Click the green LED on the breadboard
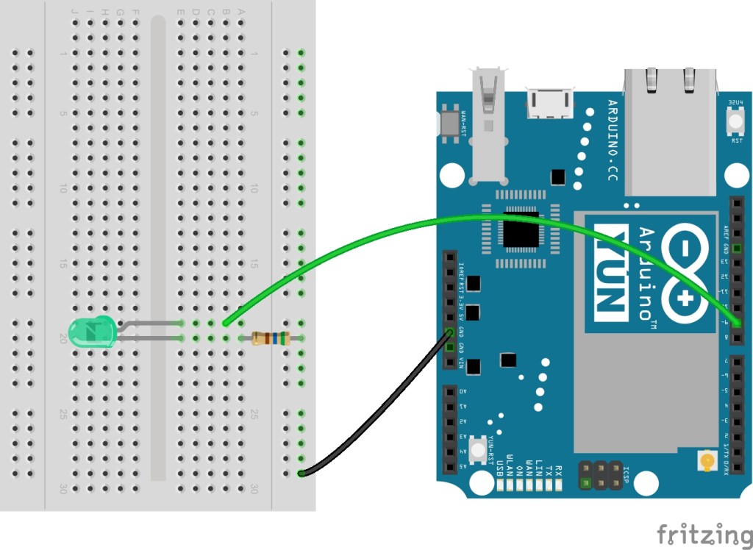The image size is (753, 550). (x=90, y=332)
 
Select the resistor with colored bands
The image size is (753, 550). (x=271, y=338)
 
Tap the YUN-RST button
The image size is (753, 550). (x=479, y=449)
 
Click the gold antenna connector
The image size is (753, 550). (x=707, y=462)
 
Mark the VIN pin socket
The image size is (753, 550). (x=449, y=362)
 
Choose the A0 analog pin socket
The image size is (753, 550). (x=449, y=392)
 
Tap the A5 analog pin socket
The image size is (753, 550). (x=449, y=466)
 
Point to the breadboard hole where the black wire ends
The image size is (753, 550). (x=301, y=473)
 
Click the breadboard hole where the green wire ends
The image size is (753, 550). (x=226, y=323)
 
